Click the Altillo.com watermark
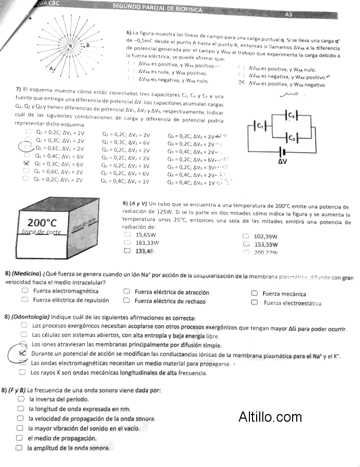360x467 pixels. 270,417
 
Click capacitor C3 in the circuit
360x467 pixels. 292,115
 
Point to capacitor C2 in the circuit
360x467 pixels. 292,137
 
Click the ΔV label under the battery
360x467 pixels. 282,161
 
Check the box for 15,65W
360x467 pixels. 128,234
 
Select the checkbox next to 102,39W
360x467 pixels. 246,236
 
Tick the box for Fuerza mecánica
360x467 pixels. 254,293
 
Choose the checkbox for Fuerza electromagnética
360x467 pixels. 25,291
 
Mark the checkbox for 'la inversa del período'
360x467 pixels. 21,399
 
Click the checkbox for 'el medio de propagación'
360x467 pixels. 20,438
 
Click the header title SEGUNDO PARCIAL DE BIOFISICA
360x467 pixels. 157,9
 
